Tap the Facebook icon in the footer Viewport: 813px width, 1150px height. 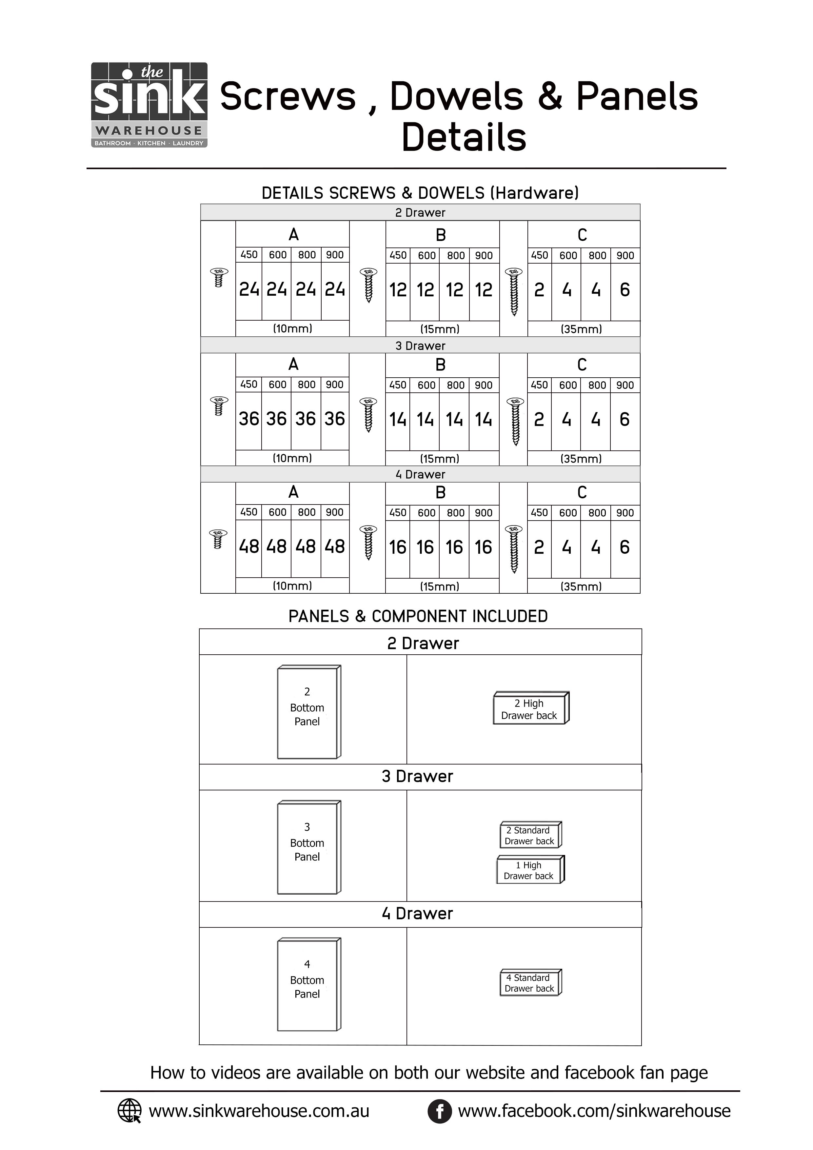(x=439, y=1111)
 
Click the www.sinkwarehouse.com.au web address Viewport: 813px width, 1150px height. (x=259, y=1111)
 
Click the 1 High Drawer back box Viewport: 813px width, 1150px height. (x=530, y=870)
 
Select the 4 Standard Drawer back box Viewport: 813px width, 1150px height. (x=530, y=983)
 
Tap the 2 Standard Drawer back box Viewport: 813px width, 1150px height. (x=530, y=835)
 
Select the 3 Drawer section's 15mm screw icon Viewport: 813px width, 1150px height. (x=368, y=415)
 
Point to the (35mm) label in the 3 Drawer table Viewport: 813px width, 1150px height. (x=581, y=458)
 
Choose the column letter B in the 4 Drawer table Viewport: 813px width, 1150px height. (x=440, y=493)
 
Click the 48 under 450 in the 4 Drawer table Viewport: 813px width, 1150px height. (x=248, y=546)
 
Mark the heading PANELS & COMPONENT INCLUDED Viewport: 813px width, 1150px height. (x=418, y=616)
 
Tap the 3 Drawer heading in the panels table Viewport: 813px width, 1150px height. (x=417, y=776)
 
